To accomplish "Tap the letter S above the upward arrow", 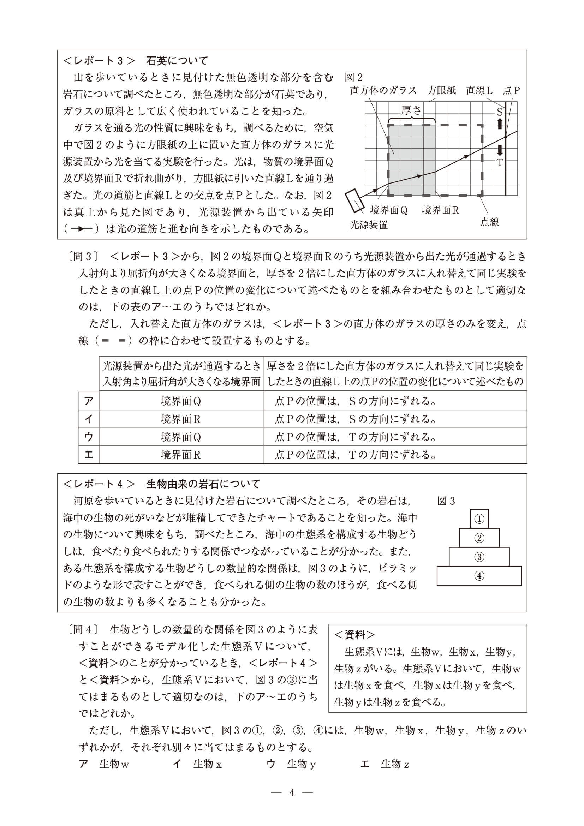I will coord(500,112).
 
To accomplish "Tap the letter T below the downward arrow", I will coord(500,163).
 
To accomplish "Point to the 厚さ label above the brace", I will coord(411,110).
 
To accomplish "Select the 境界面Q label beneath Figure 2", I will coord(389,210).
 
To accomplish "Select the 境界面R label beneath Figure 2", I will coord(440,210).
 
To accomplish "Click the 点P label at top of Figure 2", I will coord(511,90).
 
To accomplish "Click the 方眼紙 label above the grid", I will coord(442,90).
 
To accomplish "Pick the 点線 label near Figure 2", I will coord(489,222).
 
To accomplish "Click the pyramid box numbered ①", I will coord(479,519).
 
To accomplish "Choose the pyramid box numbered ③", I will coord(479,557).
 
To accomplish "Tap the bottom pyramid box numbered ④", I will coord(479,576).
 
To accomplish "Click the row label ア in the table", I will coord(89,401).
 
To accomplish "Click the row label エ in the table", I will coord(89,455).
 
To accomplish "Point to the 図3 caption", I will coord(446,501).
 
